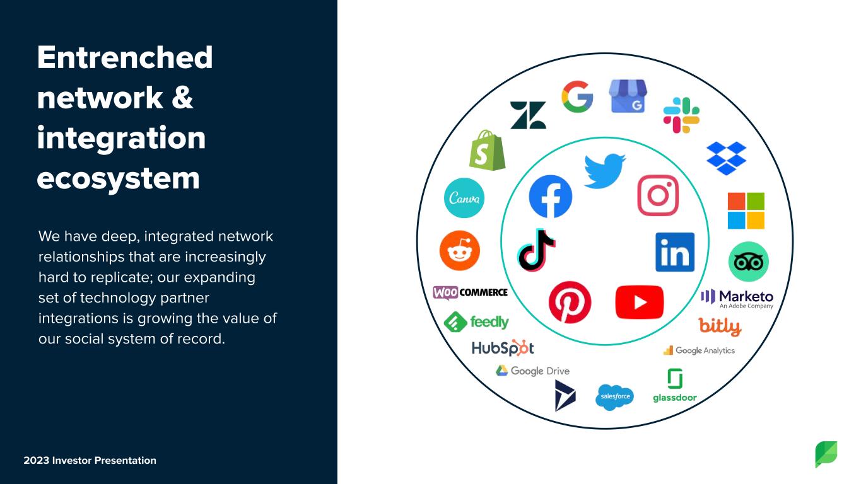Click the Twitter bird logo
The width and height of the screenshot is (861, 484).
coord(605,171)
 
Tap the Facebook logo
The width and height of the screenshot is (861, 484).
coord(551,196)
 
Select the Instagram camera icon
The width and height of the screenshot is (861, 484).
coord(658,195)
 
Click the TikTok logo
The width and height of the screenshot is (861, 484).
coord(536,250)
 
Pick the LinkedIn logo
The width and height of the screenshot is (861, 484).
coord(675,252)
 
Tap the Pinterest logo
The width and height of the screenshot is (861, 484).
coord(570,302)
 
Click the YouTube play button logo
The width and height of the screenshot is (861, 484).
coord(640,302)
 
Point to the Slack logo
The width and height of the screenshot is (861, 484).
coord(681,115)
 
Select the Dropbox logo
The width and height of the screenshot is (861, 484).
coord(727,158)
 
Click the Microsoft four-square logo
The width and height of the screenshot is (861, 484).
coord(746,211)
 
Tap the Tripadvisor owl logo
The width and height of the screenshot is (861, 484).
coord(748,262)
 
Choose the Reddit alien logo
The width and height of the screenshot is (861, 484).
coord(460,250)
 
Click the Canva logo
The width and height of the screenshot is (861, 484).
coord(464,198)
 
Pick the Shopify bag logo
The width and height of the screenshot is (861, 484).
coord(487,150)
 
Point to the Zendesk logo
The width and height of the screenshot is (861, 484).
coord(528,115)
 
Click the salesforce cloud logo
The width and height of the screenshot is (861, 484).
coord(614,397)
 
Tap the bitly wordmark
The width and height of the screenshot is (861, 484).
coord(720,327)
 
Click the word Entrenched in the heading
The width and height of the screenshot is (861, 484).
coord(125,57)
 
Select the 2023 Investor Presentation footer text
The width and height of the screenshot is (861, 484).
coord(90,460)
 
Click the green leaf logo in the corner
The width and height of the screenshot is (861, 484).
coord(826,454)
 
